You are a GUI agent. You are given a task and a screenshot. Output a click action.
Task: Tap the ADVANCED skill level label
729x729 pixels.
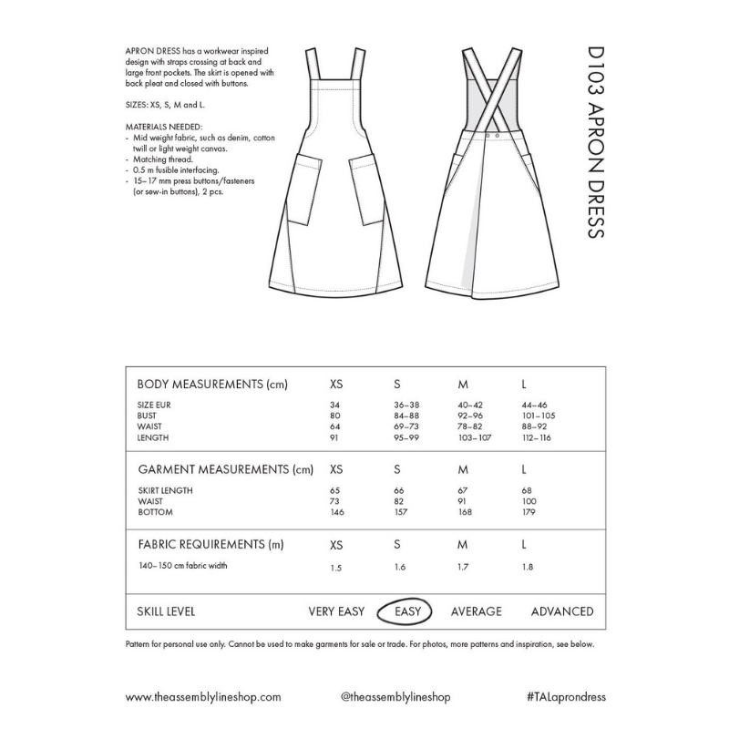(562, 611)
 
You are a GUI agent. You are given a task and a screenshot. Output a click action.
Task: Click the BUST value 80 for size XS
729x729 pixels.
(334, 416)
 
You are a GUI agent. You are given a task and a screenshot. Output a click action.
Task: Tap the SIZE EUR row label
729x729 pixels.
(152, 404)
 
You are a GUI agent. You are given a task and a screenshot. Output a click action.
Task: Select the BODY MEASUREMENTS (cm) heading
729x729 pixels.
(211, 384)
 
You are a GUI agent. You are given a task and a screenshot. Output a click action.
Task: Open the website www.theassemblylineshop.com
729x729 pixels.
(203, 696)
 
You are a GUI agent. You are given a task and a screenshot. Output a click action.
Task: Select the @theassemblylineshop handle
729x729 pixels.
(395, 696)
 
